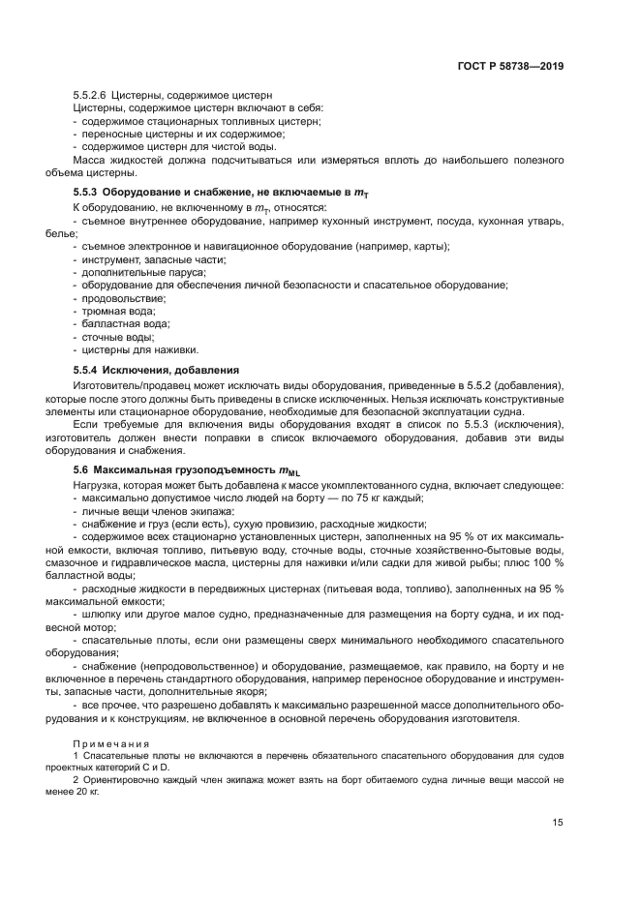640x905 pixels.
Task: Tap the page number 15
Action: (x=558, y=822)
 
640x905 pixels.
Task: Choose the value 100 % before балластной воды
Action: (x=546, y=563)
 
